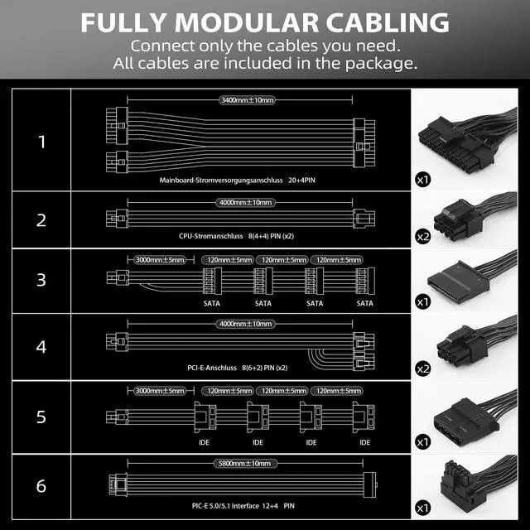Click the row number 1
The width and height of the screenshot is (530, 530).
coord(41,142)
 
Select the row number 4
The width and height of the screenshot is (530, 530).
coord(41,346)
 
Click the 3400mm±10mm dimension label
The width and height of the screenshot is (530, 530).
coord(247,100)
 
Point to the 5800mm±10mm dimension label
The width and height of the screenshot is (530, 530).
coord(247,463)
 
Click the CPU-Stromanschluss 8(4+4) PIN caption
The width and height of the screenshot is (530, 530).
coord(236,235)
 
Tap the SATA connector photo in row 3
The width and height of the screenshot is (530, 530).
coord(468,282)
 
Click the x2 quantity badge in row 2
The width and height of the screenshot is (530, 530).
coord(423,237)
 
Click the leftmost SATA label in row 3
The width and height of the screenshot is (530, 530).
coord(211,303)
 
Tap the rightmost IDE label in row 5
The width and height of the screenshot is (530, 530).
coord(363,442)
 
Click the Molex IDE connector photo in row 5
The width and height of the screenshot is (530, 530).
coord(468,414)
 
